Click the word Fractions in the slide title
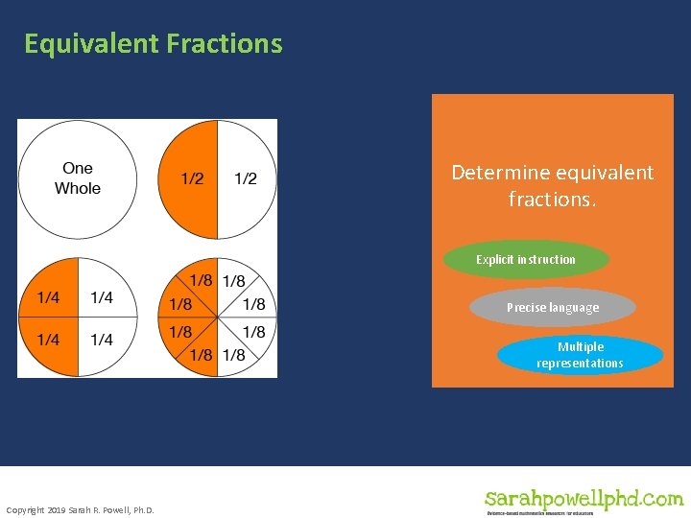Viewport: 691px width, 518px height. coord(224,44)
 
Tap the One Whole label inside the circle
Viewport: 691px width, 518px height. coord(78,178)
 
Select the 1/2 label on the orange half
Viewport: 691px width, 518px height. coord(192,179)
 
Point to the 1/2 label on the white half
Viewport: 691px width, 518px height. coord(246,179)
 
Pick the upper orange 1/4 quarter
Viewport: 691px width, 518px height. coord(47,297)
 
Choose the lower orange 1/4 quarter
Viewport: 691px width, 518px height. coord(47,340)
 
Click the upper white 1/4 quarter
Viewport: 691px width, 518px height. coord(101,297)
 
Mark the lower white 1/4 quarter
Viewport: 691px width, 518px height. coord(101,340)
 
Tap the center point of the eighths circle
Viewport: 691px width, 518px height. coord(218,318)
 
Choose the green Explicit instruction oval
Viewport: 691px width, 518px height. coord(526,260)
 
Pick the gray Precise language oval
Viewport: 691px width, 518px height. coord(553,308)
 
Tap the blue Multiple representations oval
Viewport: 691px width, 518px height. coord(580,355)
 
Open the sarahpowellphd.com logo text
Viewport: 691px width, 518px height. coord(584,499)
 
